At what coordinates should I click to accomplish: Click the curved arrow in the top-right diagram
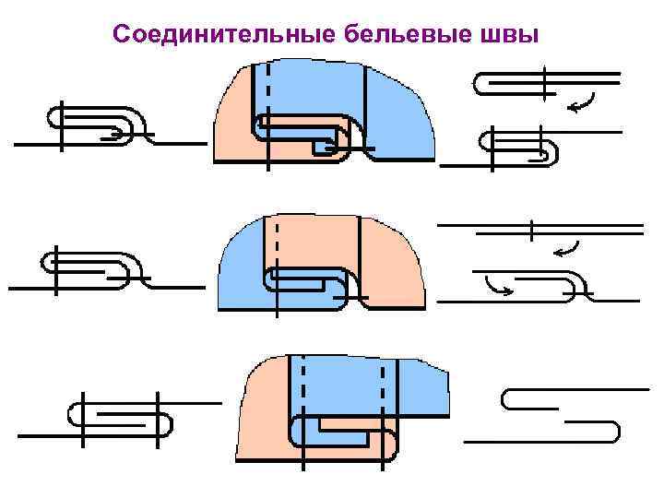click(581, 103)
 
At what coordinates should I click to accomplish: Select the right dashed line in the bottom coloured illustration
click(381, 387)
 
